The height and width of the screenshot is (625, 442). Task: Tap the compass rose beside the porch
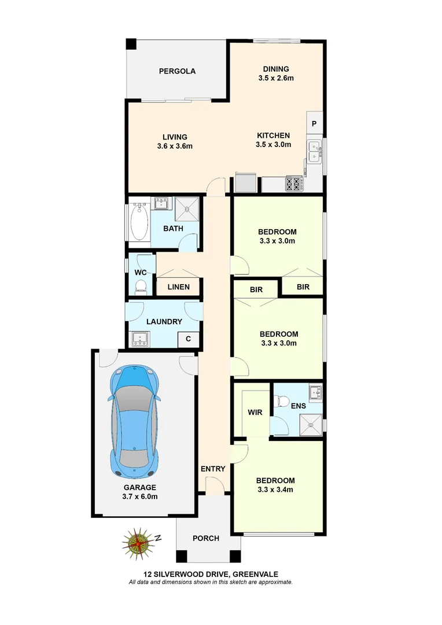[x=138, y=543]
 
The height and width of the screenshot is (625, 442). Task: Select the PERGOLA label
[x=178, y=71]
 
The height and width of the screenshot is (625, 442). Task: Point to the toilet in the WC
[x=141, y=286]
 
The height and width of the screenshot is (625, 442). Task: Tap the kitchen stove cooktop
[x=294, y=184]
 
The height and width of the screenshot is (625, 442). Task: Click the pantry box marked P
[x=314, y=124]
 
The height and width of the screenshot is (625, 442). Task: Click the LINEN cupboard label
[x=179, y=287]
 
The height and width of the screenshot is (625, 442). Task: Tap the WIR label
[x=255, y=413]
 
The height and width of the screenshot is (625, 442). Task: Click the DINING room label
[x=276, y=69]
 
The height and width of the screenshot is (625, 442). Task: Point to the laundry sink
[x=140, y=339]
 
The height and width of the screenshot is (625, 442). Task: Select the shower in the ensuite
[x=313, y=425]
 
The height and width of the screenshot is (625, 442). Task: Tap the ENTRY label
[x=212, y=469]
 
